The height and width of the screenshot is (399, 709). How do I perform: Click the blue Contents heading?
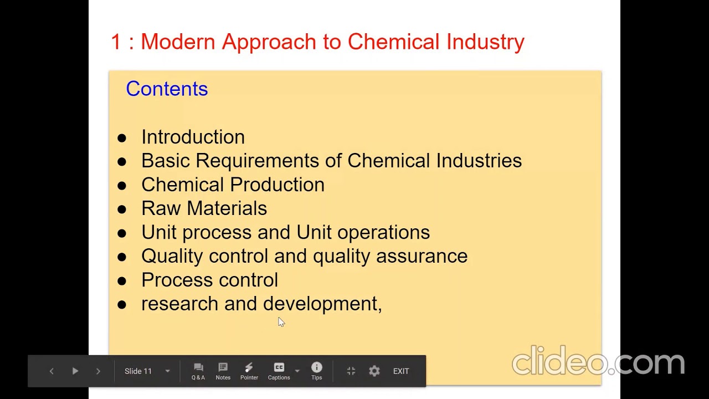tap(167, 89)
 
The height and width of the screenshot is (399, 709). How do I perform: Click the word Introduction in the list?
tap(193, 137)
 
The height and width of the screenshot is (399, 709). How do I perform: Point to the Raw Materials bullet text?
tap(204, 208)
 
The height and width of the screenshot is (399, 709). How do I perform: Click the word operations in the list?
tap(383, 232)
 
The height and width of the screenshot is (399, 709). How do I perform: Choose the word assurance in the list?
tap(422, 256)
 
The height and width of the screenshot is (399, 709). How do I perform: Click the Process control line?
tap(209, 280)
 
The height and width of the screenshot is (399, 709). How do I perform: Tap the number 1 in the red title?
tap(116, 42)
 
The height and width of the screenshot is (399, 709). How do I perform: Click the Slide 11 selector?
tap(147, 371)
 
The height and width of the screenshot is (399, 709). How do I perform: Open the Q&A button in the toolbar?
tap(198, 371)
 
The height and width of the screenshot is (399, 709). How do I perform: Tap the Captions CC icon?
tap(279, 368)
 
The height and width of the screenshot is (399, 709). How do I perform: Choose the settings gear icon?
tap(374, 371)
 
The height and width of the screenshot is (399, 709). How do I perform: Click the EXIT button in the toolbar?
tap(401, 371)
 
